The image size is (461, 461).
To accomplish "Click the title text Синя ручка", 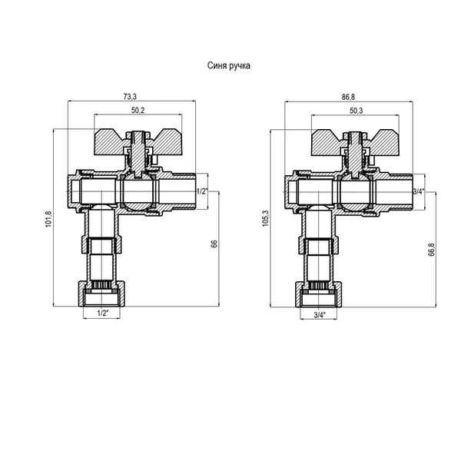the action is pyautogui.click(x=229, y=65).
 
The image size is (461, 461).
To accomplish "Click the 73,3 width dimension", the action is pyautogui.click(x=130, y=97).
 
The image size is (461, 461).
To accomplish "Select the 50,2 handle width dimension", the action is pyautogui.click(x=138, y=110).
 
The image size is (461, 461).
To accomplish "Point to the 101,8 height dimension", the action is pyautogui.click(x=48, y=219).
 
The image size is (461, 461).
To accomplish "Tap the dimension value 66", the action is pyautogui.click(x=214, y=244).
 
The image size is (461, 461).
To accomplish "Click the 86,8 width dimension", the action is pyautogui.click(x=348, y=97).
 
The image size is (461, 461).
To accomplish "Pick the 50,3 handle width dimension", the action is pyautogui.click(x=356, y=111).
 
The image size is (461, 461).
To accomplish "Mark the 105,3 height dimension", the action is pyautogui.click(x=266, y=218).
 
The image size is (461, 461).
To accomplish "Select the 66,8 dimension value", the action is pyautogui.click(x=431, y=250).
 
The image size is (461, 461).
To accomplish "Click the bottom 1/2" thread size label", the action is pyautogui.click(x=103, y=313).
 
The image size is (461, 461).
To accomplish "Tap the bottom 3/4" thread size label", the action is pyautogui.click(x=320, y=315).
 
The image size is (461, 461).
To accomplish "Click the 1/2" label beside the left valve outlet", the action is pyautogui.click(x=202, y=191).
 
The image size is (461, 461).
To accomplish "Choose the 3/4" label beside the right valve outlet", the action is pyautogui.click(x=419, y=191).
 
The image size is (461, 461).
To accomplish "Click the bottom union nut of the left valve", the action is pyautogui.click(x=101, y=294).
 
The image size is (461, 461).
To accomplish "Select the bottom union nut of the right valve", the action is pyautogui.click(x=319, y=295).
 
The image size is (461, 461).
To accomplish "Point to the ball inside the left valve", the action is pyautogui.click(x=138, y=191).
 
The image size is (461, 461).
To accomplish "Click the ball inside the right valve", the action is pyautogui.click(x=354, y=192).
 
